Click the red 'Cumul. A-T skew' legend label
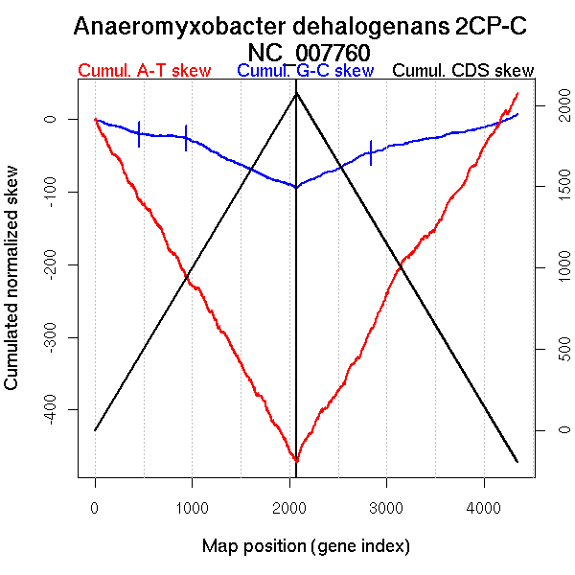(x=144, y=71)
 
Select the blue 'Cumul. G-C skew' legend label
(x=305, y=71)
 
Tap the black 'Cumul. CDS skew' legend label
(x=464, y=71)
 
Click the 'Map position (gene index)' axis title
(x=306, y=546)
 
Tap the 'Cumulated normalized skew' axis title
(x=13, y=289)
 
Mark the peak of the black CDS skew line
(x=296, y=93)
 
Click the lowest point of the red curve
(x=296, y=461)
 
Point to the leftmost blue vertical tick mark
(x=140, y=134)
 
